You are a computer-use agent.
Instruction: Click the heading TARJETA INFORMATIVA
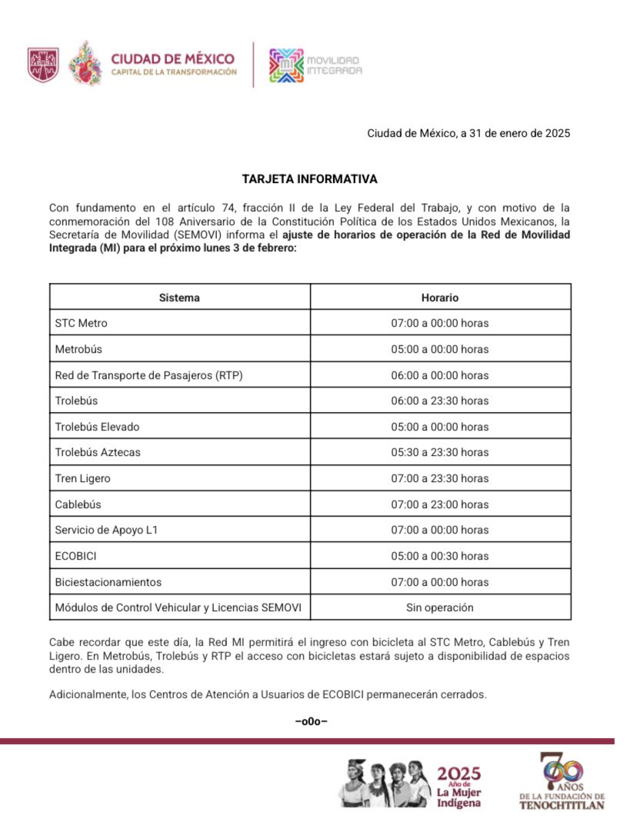[x=310, y=179]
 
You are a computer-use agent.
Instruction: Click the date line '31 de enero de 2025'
[x=468, y=134]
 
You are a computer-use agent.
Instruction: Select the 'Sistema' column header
[x=179, y=298]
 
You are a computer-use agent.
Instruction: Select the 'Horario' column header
[x=440, y=298]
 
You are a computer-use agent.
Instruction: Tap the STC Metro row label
[x=82, y=323]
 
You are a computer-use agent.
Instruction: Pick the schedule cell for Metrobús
[x=440, y=349]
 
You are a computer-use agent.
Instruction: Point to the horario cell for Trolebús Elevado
[x=440, y=427]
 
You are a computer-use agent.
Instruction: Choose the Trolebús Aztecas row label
[x=98, y=452]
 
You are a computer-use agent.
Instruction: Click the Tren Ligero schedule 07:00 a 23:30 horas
[x=440, y=478]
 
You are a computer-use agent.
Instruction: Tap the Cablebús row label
[x=78, y=504]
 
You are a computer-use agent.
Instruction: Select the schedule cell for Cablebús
[x=440, y=504]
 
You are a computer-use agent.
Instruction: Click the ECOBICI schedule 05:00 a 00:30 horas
[x=440, y=556]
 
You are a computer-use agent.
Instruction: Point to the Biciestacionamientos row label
[x=108, y=582]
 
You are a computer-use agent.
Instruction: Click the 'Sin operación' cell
[x=440, y=607]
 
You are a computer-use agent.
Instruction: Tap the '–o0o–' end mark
[x=311, y=721]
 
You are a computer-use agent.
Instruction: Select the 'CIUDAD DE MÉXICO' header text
[x=172, y=58]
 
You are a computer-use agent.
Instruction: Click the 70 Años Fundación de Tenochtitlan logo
[x=562, y=780]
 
